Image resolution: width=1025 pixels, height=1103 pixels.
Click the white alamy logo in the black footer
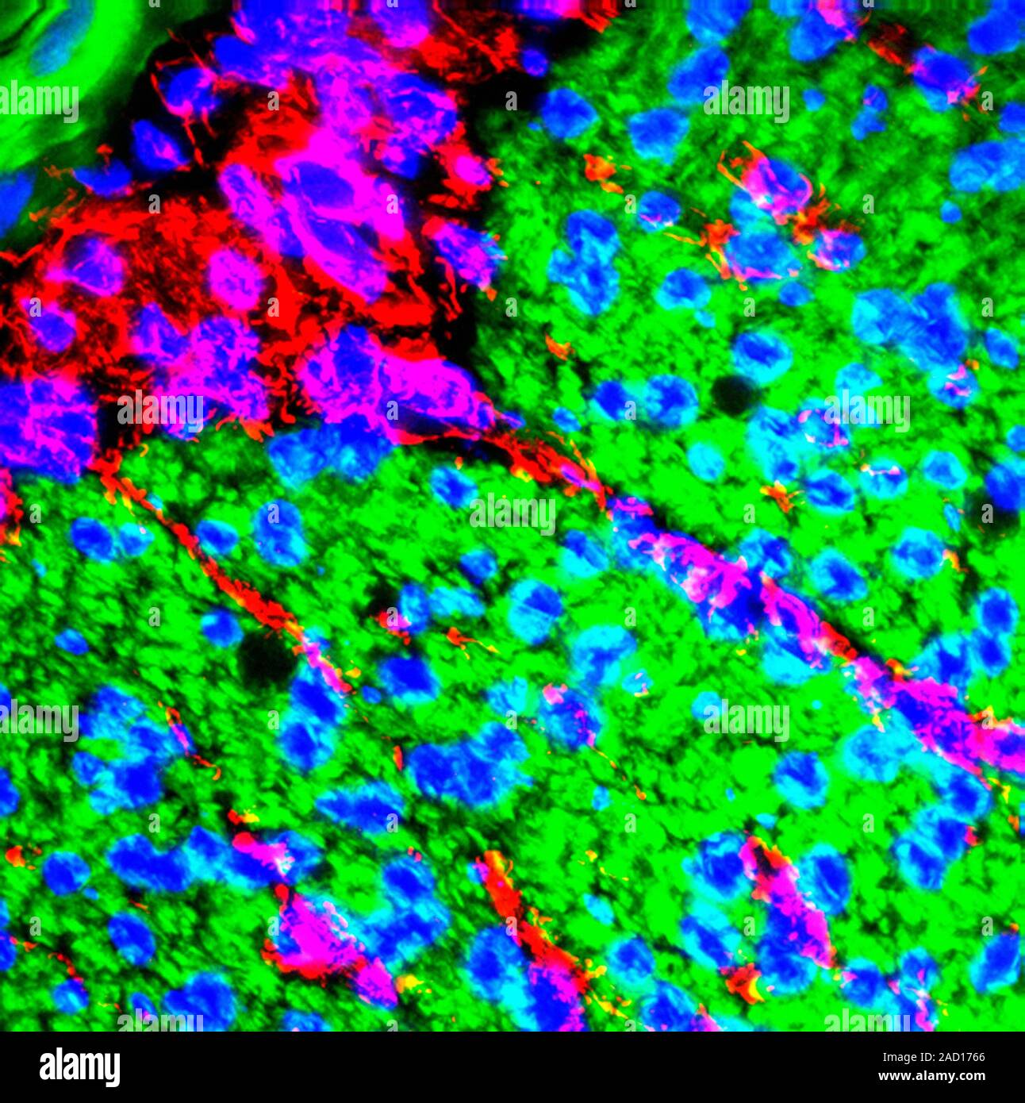[80, 1067]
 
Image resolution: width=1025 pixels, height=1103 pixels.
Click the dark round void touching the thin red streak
[265, 657]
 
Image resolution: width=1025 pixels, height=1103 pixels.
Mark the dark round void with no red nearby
[734, 394]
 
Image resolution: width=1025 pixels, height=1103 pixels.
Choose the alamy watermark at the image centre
[512, 514]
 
